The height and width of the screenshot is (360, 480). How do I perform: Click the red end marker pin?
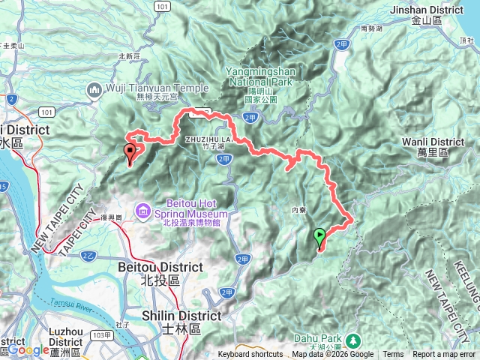[130, 154]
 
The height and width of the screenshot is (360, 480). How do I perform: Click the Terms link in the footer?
[393, 355]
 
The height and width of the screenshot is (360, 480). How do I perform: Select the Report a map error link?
[443, 355]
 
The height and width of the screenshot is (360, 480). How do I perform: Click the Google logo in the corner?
[28, 349]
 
